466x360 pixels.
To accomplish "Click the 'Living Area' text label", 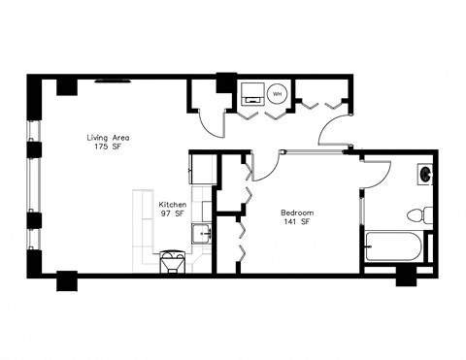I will tap(108, 138).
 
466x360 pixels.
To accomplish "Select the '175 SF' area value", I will tap(107, 149).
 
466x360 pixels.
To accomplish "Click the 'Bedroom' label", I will tap(296, 213).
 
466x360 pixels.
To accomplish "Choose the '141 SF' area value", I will tap(296, 223).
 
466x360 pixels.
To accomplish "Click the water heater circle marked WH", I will tap(278, 94).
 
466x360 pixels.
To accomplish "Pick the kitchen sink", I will tap(203, 234).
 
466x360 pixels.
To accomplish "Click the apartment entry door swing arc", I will tap(336, 132).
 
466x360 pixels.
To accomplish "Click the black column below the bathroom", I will tap(408, 276).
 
